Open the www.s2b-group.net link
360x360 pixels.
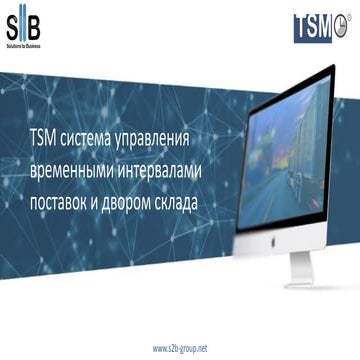[x=180, y=347]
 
